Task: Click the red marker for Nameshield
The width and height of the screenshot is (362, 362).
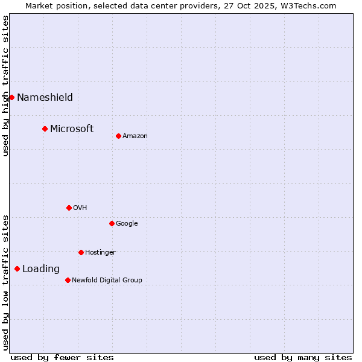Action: [x=11, y=97]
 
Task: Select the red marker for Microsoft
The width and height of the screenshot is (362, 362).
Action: [x=45, y=129]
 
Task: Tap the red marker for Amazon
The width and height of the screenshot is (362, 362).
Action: [x=118, y=136]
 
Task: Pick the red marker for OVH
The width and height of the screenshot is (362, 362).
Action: [x=69, y=208]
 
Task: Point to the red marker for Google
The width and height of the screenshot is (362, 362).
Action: [x=112, y=223]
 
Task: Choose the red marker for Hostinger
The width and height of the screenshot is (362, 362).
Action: [x=81, y=252]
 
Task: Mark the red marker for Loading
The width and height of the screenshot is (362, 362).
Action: [x=17, y=268]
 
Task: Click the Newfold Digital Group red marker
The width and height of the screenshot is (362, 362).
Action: [x=68, y=280]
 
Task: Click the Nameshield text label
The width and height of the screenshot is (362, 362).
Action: [x=45, y=98]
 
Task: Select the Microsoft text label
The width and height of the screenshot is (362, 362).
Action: [x=72, y=129]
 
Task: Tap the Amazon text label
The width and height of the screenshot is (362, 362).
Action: [x=135, y=136]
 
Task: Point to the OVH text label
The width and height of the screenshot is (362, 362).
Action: [x=80, y=208]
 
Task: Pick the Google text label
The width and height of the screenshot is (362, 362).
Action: [x=127, y=224]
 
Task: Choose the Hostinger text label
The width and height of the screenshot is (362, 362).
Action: [x=100, y=253]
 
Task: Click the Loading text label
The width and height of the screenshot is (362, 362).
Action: [x=41, y=269]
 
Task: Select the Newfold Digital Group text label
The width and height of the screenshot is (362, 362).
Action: [x=107, y=281]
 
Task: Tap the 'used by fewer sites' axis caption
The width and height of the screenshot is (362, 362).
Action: [x=62, y=357]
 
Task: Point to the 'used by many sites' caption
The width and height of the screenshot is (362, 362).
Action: [x=303, y=357]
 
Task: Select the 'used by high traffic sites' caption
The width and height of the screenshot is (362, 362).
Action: [x=5, y=86]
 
